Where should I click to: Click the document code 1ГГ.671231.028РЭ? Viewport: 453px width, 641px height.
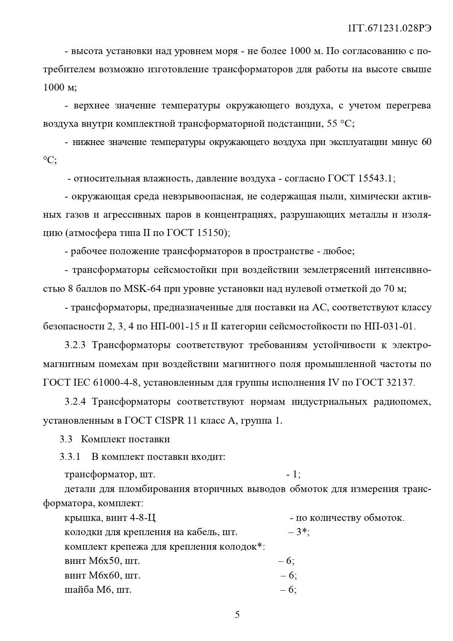tap(389, 29)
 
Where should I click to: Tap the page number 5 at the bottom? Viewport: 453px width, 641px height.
tap(237, 615)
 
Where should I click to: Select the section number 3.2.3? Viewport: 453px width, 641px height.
tap(75, 345)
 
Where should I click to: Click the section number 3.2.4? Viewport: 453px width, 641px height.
tap(75, 402)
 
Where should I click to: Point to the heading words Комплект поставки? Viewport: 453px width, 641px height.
tap(125, 439)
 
